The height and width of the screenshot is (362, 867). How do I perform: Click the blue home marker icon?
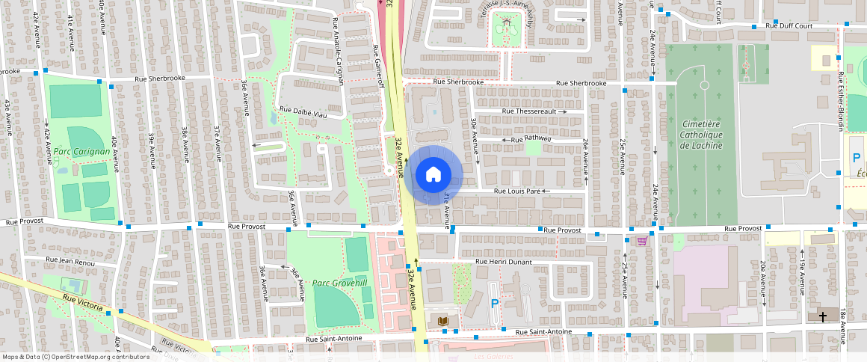tap(433, 175)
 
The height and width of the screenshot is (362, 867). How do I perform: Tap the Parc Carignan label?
tap(82, 151)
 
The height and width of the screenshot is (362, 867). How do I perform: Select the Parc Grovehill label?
tap(340, 283)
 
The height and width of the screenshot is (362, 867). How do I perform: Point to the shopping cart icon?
tap(642, 241)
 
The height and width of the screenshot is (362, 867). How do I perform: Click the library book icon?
tap(443, 321)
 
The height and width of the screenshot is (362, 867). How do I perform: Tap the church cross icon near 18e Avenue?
tap(823, 316)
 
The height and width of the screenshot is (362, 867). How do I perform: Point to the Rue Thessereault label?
tap(530, 111)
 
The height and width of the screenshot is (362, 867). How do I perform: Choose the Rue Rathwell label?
tap(531, 139)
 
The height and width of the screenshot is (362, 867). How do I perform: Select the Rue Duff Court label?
tap(794, 25)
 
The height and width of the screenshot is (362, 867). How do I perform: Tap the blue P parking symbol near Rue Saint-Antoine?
tap(494, 304)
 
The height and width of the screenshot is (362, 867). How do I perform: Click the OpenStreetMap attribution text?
tap(75, 357)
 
